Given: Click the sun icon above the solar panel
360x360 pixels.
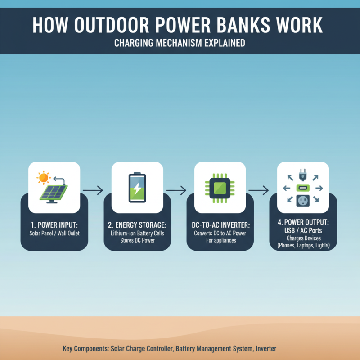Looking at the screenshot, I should pyautogui.click(x=43, y=177).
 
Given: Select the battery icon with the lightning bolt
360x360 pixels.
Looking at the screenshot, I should pyautogui.click(x=137, y=187).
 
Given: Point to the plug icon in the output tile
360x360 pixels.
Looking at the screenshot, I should pyautogui.click(x=303, y=174).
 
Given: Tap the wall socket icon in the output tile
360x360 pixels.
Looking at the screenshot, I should pyautogui.click(x=303, y=201).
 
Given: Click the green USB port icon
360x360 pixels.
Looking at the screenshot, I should pyautogui.click(x=303, y=188).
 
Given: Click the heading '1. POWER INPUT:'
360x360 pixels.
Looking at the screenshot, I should pyautogui.click(x=54, y=224).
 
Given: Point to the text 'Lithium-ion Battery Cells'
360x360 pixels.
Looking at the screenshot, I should pyautogui.click(x=137, y=233).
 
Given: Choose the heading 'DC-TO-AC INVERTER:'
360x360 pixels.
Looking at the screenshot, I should pyautogui.click(x=220, y=224).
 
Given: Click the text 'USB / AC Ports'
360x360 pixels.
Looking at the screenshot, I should pyautogui.click(x=303, y=230).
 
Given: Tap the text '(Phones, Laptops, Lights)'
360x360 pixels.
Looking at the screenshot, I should pyautogui.click(x=303, y=245).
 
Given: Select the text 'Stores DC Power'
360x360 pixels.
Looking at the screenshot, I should pyautogui.click(x=137, y=240).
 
